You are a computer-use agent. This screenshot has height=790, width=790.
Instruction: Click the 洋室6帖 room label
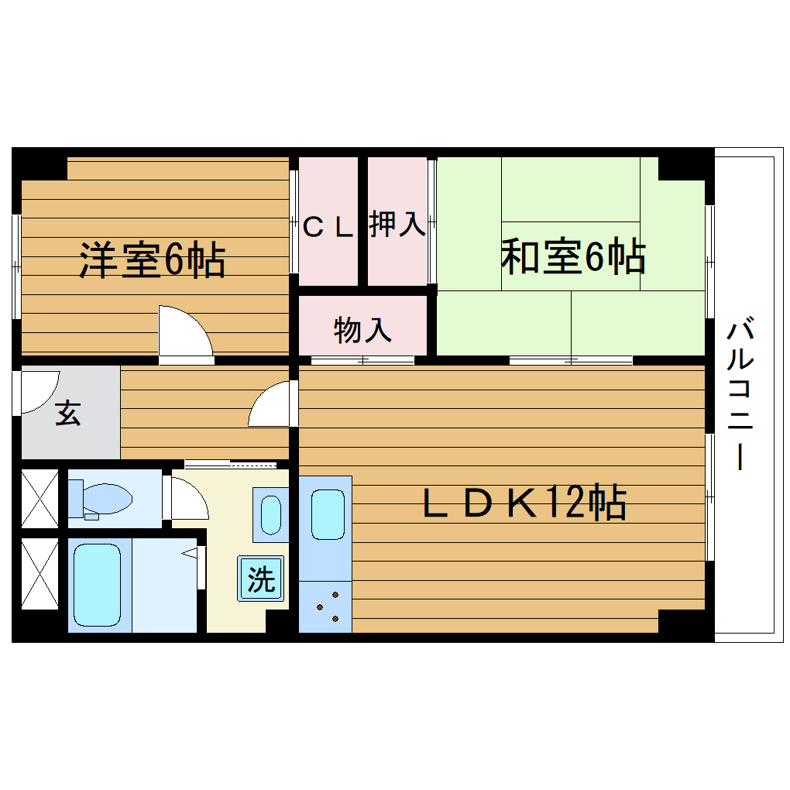click(x=152, y=261)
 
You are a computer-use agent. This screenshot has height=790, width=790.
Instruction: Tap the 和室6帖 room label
click(x=572, y=257)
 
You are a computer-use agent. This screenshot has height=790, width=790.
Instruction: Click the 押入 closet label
click(x=397, y=225)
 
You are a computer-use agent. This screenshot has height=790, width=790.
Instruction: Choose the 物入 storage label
click(x=362, y=331)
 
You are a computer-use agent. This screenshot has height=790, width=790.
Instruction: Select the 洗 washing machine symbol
click(x=261, y=579)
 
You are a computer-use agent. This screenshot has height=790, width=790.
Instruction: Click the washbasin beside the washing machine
click(x=270, y=514)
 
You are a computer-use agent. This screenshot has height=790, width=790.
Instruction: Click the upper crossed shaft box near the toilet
click(x=39, y=496)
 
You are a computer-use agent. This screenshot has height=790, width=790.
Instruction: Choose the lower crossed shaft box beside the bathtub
click(x=39, y=574)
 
